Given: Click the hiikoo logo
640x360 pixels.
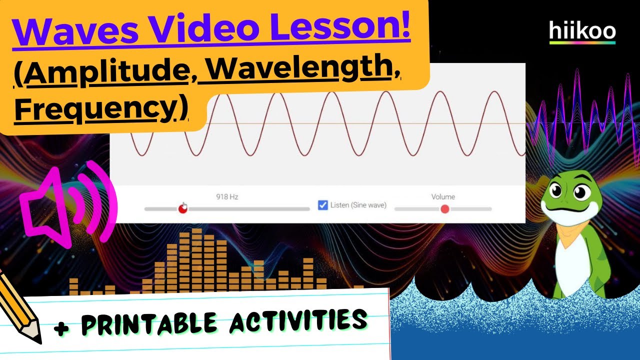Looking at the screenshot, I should (582, 31).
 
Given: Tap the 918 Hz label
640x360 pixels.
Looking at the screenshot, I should (227, 197).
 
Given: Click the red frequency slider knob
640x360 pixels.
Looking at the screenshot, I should (183, 209).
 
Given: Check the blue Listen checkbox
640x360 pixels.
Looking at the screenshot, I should (323, 205).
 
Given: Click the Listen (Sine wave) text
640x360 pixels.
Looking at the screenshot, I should (358, 205).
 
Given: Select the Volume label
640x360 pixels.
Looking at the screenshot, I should (443, 197).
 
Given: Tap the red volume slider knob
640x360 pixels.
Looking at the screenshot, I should (444, 209).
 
